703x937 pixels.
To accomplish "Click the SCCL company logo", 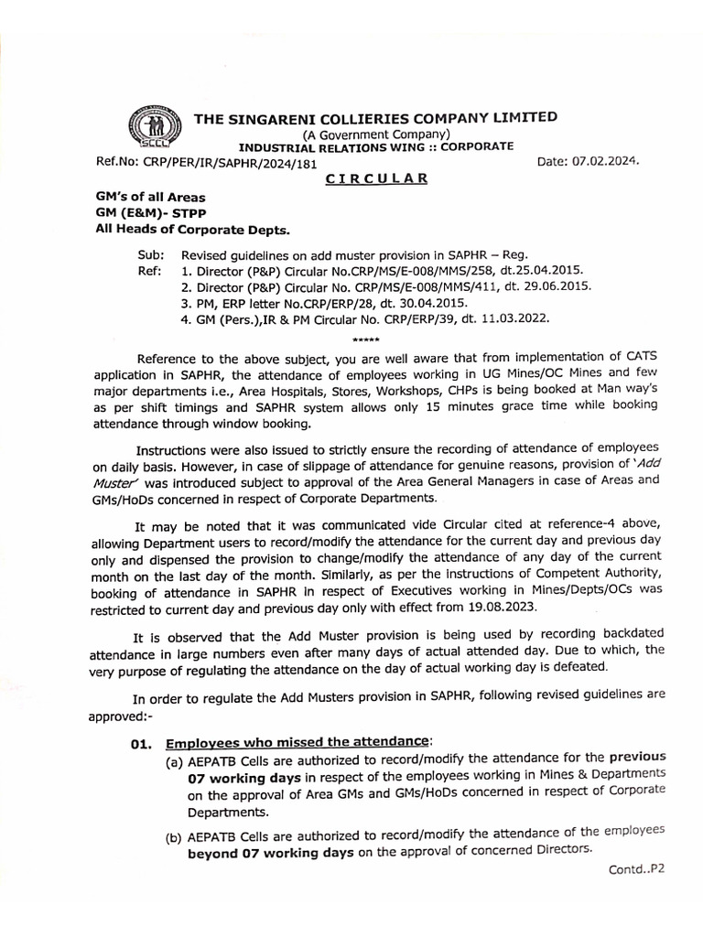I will [x=149, y=130].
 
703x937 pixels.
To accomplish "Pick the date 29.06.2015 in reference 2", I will [x=555, y=286].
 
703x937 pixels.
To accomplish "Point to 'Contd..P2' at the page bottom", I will [x=636, y=869].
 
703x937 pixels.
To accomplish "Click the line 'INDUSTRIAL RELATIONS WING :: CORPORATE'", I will [x=376, y=146].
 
